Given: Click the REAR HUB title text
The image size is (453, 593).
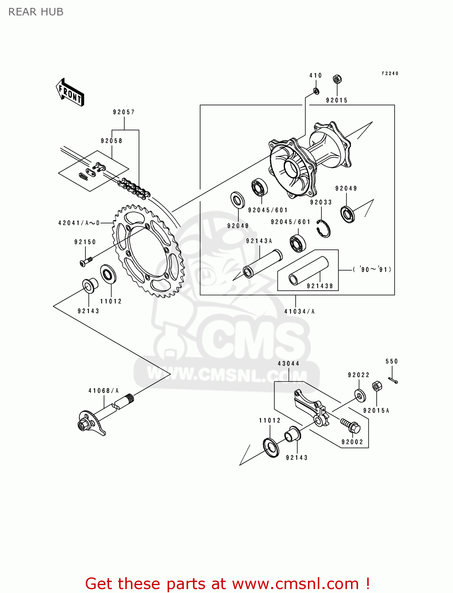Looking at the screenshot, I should [x=36, y=12].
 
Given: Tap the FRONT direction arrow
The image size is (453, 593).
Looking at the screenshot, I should [x=70, y=93].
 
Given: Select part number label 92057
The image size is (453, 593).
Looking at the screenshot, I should [x=124, y=112].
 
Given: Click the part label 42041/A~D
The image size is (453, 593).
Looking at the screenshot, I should [x=79, y=223].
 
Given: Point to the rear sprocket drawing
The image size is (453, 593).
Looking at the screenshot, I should [x=149, y=251].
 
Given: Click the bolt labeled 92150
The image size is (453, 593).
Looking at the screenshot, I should [x=85, y=261].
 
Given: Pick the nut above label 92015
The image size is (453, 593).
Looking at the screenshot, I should [x=337, y=79].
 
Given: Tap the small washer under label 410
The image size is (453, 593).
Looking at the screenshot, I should [x=316, y=91].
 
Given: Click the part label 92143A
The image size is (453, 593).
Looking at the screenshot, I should [x=259, y=241].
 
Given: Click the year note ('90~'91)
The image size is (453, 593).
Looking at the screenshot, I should [x=372, y=270].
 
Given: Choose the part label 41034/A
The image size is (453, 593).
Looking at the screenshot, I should [x=299, y=312].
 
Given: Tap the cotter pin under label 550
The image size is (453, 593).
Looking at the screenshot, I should [x=393, y=380].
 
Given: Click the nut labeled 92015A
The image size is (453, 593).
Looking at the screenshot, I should [x=377, y=386].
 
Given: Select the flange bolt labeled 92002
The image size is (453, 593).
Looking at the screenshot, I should [x=351, y=426].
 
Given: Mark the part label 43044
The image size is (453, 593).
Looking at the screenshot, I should [x=289, y=364].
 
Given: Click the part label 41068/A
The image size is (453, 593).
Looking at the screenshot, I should [x=104, y=391].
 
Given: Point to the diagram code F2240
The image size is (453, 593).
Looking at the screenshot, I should [x=390, y=74].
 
